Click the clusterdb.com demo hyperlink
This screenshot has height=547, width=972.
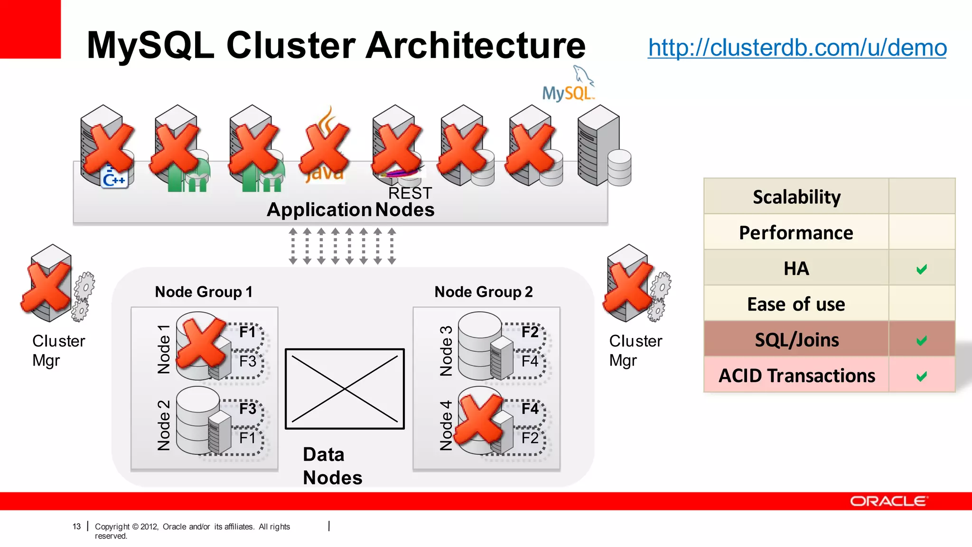(797, 47)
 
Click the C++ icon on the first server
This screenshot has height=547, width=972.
(114, 179)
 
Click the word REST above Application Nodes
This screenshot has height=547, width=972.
(410, 193)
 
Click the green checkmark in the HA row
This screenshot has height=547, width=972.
(921, 269)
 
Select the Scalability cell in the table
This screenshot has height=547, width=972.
(796, 197)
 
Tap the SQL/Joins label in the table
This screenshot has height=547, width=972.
(796, 340)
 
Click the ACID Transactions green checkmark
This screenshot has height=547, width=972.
(921, 377)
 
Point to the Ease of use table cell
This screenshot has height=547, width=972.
(796, 304)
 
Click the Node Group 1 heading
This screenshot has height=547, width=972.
(204, 292)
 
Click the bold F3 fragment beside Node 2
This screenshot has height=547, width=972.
(248, 409)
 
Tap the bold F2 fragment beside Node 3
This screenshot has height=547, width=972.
(530, 332)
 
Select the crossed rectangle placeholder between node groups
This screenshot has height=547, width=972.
(345, 389)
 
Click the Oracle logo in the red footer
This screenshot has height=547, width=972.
(888, 501)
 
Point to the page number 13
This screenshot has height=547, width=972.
(76, 527)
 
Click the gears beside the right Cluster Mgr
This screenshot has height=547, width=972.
(660, 296)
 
